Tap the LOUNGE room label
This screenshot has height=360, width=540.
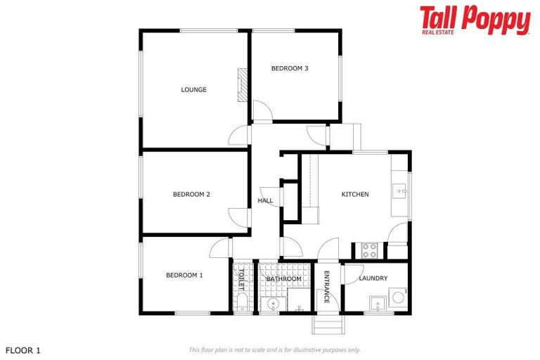point(193,89)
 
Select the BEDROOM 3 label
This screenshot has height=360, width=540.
point(290,68)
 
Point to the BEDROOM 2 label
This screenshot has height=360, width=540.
point(192,194)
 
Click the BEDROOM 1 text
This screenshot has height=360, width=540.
point(184,275)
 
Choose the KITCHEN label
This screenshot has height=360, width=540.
point(355,194)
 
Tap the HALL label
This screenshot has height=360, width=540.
point(265,200)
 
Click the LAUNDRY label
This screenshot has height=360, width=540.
point(373,278)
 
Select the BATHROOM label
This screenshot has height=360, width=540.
point(284,279)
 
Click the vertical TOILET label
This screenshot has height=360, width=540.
point(240,279)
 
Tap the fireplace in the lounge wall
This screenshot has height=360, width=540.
point(243,86)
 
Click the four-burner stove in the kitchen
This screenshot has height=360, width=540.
point(370,250)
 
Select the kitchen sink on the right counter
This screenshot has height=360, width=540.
point(400,190)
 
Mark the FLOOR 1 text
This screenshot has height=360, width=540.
point(24,349)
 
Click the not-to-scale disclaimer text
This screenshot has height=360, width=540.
point(275,349)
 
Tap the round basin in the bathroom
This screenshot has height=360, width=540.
point(273,304)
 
